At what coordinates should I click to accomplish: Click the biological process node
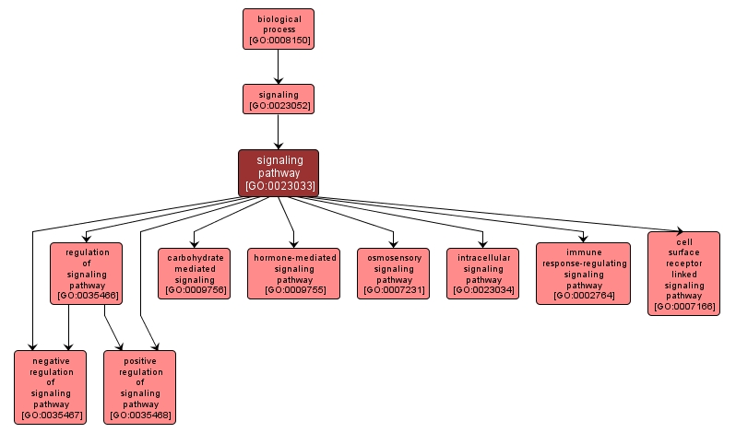(278, 29)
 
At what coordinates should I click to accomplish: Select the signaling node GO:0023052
(278, 99)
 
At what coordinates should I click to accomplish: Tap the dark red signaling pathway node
(279, 172)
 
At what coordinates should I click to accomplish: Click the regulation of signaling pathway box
(87, 273)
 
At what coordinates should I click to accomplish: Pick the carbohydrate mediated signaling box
(194, 274)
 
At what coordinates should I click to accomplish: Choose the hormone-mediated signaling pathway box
(294, 274)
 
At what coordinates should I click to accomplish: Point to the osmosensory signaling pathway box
(395, 274)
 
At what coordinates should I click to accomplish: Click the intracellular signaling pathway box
(482, 274)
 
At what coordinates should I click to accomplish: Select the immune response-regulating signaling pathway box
(583, 274)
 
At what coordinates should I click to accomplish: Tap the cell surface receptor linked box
(683, 273)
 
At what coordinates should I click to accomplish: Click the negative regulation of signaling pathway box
(50, 387)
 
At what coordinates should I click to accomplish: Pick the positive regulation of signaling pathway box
(140, 387)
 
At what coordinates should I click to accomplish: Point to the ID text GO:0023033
(279, 186)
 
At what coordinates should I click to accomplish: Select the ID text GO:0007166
(683, 306)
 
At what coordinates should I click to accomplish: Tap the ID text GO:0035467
(50, 415)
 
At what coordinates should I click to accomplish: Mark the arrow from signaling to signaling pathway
(278, 132)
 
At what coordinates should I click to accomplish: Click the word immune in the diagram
(583, 252)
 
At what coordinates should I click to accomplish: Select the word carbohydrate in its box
(194, 258)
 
